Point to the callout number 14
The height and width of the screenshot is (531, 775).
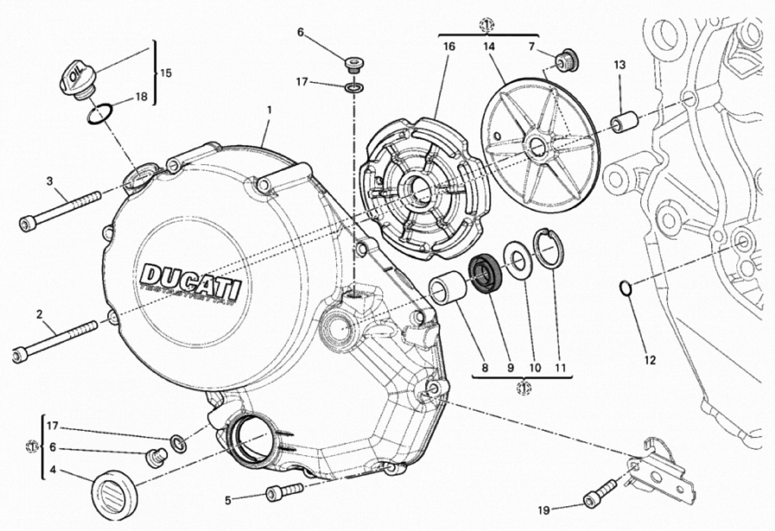[x=489, y=47]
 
